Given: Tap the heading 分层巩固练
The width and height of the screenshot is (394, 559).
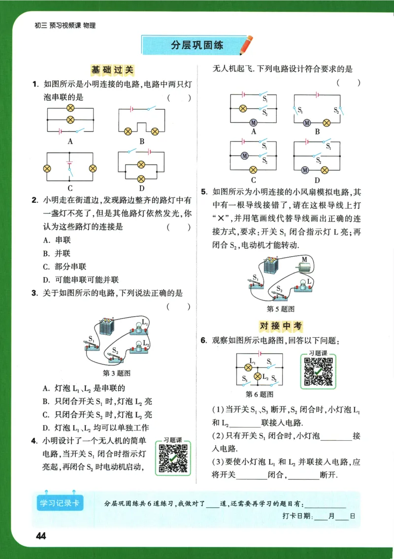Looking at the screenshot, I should click(197, 45).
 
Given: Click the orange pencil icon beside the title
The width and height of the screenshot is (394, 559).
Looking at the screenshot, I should click(246, 45).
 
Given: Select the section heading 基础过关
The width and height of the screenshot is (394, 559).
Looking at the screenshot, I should click(112, 70).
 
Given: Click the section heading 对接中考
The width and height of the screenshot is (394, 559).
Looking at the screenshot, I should click(280, 326).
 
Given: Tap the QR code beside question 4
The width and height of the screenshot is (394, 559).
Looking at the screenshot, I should click(173, 458).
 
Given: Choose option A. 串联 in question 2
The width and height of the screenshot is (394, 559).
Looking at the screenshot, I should click(57, 240).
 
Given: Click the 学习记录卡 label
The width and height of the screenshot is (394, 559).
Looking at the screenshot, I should click(60, 503).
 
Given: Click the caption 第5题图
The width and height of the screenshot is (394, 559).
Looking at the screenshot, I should click(280, 309).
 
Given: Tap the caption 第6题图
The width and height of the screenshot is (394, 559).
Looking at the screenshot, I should click(259, 395).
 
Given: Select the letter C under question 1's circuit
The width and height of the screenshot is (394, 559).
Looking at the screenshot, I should click(70, 188).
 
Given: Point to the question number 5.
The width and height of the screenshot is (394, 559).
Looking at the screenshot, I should click(203, 192).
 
